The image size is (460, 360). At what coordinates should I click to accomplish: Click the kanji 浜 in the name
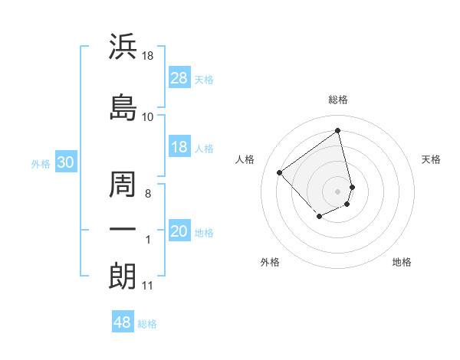(123, 47)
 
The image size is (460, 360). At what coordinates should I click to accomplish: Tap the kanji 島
(123, 106)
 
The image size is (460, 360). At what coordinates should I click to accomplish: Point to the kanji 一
(123, 229)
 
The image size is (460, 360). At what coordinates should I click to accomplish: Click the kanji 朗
(123, 277)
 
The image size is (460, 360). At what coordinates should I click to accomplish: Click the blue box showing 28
(179, 78)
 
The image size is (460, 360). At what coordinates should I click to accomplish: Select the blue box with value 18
(179, 148)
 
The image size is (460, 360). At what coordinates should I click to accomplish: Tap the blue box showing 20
(179, 232)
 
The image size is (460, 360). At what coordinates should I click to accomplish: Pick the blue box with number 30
(65, 163)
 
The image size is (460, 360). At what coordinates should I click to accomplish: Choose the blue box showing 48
(123, 322)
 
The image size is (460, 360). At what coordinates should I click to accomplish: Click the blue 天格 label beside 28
(204, 79)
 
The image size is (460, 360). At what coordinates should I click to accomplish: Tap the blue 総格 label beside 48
(147, 323)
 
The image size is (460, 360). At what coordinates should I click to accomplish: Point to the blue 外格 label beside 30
(41, 164)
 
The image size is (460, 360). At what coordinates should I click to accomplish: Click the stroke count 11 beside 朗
(147, 286)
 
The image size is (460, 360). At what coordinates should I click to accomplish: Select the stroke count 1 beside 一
(148, 240)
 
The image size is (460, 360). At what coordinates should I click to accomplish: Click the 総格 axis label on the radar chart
(338, 100)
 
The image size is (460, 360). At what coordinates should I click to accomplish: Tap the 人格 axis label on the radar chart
(245, 159)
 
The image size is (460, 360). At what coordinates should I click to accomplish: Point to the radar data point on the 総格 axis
(338, 131)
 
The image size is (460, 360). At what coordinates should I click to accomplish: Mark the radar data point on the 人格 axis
(280, 172)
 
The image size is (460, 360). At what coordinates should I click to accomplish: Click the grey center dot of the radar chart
(338, 191)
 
